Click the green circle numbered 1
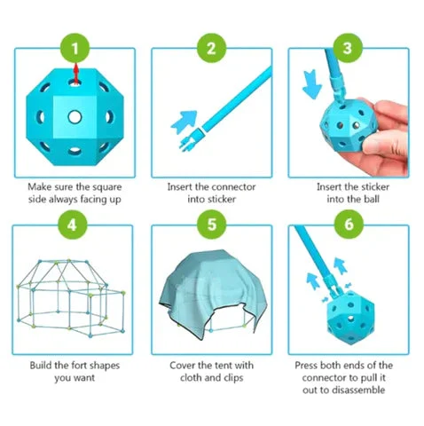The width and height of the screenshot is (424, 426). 75,46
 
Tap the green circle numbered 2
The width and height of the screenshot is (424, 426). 212,46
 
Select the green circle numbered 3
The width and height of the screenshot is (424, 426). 349,46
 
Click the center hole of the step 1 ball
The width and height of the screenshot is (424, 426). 75,116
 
